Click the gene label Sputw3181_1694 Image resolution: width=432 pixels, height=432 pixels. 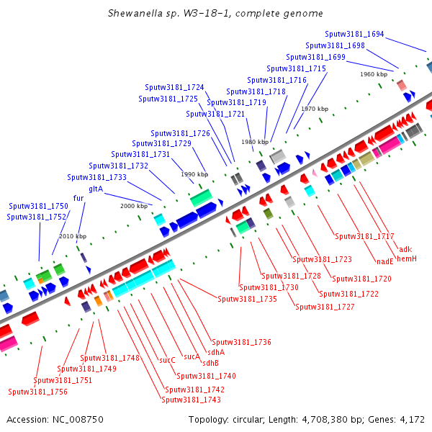(x=354, y=34)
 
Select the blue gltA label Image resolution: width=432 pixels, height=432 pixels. (x=96, y=189)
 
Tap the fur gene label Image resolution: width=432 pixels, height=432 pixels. (x=78, y=198)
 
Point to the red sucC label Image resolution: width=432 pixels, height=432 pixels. (x=167, y=360)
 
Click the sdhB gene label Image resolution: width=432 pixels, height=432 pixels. (x=210, y=363)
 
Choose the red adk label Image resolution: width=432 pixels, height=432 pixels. (x=405, y=249)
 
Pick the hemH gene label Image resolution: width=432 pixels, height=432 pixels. (x=407, y=258)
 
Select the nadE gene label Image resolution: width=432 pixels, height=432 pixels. (x=385, y=261)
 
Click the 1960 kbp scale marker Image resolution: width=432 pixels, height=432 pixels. (x=374, y=74)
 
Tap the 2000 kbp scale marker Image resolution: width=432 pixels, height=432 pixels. (x=134, y=206)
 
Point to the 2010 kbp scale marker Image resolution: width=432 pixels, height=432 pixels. (x=73, y=236)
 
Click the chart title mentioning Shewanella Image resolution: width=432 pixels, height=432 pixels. (x=215, y=13)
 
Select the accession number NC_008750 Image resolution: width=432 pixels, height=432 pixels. (x=78, y=420)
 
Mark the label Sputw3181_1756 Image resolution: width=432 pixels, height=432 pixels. (x=37, y=392)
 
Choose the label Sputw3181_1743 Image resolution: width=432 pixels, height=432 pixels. (x=192, y=400)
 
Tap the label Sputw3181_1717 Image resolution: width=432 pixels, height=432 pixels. (x=364, y=236)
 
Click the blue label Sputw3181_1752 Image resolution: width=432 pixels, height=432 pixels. (x=37, y=217)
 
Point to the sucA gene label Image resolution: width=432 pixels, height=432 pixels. (x=192, y=357)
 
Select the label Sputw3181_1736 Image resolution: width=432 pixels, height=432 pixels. (x=242, y=342)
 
